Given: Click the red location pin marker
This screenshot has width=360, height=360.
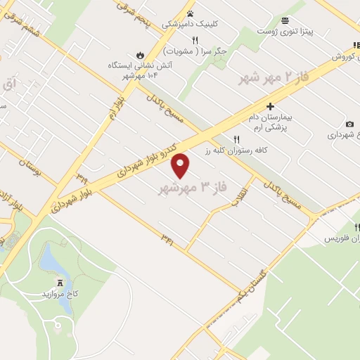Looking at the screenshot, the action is point(181,166).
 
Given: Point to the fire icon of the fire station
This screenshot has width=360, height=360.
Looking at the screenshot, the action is point(139,53).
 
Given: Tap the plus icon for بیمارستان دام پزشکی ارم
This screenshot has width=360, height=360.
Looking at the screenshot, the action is point(270,105).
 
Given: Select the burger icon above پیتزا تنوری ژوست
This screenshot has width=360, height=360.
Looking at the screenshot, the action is point(284,20).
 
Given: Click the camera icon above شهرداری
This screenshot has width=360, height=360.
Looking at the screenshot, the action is point(349,124).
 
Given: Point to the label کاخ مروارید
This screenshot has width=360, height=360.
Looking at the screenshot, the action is point(58,292).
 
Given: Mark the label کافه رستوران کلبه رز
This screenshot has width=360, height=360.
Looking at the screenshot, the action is point(226,150).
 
